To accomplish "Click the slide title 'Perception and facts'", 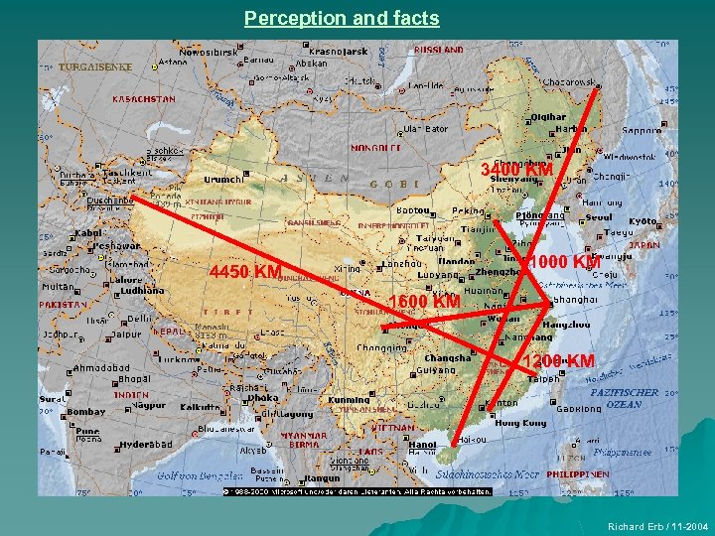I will point(341,18).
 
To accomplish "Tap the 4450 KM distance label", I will point(244,272).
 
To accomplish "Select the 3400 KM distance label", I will point(516,171).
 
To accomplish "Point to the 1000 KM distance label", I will point(563,262).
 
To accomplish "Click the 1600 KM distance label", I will point(424,301).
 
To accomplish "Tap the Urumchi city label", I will point(222,180).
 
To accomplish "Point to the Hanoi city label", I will point(422,446).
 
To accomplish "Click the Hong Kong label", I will point(520,423).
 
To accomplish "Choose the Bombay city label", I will point(86,411).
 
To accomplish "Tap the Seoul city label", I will point(599,218).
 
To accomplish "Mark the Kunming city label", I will point(348,400).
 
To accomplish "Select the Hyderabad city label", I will point(146,445).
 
